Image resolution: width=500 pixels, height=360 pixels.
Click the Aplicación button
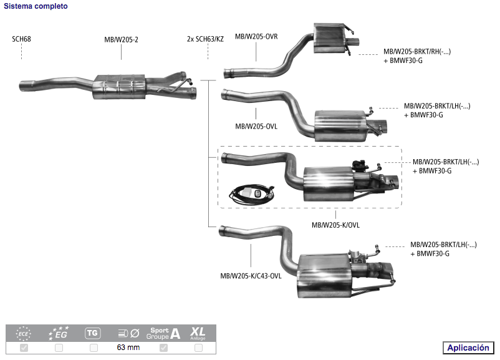pyautogui.click(x=468, y=348)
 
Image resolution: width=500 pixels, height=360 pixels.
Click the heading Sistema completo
pyautogui.click(x=36, y=6)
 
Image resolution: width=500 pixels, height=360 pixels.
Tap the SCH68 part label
pyautogui.click(x=21, y=39)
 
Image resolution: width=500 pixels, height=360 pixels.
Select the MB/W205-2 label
pyautogui.click(x=121, y=39)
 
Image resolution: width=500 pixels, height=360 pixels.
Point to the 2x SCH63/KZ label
pyautogui.click(x=205, y=39)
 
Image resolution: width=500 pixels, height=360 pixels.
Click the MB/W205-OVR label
pyautogui.click(x=256, y=37)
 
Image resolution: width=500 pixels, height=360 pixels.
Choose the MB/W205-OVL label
pyautogui.click(x=256, y=127)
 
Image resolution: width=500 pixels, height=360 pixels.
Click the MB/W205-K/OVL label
pyautogui.click(x=335, y=225)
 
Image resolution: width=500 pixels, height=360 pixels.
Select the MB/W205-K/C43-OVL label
pyautogui.click(x=251, y=276)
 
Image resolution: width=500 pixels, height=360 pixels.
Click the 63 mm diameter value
pyautogui.click(x=128, y=348)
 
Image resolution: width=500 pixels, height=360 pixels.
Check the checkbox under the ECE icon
pyautogui.click(x=24, y=348)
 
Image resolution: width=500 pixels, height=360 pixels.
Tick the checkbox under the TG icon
pyautogui.click(x=94, y=348)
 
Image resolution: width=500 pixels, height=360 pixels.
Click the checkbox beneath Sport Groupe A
pyautogui.click(x=163, y=348)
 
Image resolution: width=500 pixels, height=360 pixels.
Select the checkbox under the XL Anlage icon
pyautogui.click(x=198, y=348)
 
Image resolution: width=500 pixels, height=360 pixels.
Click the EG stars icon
pyautogui.click(x=59, y=333)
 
